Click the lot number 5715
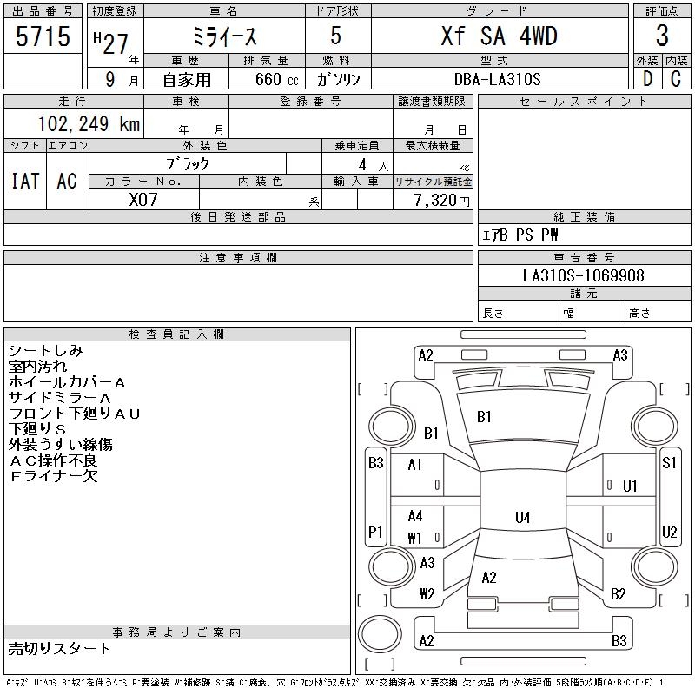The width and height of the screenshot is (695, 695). coord(43,36)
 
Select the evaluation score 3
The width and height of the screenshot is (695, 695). coord(662,36)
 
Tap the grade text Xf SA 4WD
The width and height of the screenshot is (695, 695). coord(500,36)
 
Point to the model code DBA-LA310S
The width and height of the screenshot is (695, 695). coord(497,79)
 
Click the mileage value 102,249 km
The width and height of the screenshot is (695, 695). coord(89,123)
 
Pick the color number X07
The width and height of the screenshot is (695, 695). coord(143,200)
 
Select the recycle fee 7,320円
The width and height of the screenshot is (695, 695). coord(442,201)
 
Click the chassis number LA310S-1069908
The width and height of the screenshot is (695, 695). coord(583,275)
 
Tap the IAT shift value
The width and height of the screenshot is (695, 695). coord(25,181)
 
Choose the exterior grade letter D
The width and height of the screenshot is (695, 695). coord(647,79)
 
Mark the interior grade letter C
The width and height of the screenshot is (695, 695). coord(676,79)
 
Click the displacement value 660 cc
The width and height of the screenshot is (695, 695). coord(276,79)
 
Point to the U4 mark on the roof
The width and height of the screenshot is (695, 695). coord(523,517)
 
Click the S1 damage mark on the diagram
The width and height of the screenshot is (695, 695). coord(669,463)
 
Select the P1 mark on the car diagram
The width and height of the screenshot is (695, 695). coord(375,532)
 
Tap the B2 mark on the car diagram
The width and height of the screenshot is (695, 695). coord(619,593)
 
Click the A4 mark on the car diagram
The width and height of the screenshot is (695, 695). coord(415,516)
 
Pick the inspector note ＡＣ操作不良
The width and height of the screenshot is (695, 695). coord(54,460)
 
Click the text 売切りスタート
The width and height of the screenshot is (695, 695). coord(59,648)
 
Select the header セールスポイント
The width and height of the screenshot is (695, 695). coord(584,102)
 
